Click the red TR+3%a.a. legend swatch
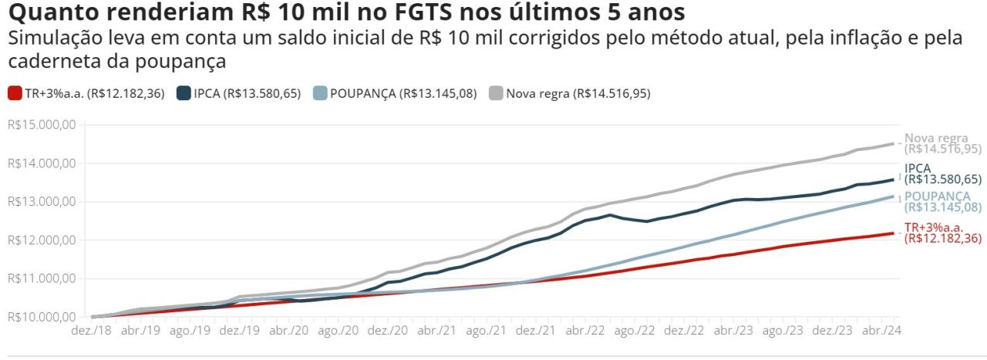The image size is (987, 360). pos(15,93)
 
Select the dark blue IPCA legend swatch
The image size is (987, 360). pos(184,93)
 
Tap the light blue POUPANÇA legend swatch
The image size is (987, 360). pos(320,93)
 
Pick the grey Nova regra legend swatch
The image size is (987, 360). pos(496,93)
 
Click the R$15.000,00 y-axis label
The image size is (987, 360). pos(42,125)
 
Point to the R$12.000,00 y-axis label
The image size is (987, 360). pos(42,241)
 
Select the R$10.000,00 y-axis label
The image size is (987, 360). pos(42,317)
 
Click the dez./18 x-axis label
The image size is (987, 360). pos(91,331)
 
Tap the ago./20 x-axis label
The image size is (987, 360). pos(338,331)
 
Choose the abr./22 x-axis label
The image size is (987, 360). pos(584,331)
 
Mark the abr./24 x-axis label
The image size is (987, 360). pos(881,331)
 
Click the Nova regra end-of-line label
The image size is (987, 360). pos(943,143)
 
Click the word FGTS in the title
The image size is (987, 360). pos(423,12)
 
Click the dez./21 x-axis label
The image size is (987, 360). pos(535,331)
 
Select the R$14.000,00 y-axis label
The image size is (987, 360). pos(42,163)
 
